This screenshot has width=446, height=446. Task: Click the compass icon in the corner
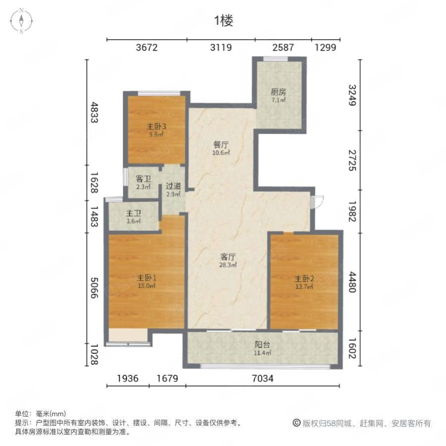[21, 21]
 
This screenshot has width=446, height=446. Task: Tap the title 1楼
[223, 21]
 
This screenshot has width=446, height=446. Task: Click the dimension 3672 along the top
[147, 47]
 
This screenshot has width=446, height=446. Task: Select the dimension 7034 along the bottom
[263, 378]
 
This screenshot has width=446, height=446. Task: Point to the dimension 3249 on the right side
[352, 95]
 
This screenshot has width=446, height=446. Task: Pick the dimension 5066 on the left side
[94, 288]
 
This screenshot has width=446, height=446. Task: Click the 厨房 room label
[278, 92]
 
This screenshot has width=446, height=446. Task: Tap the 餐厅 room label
[221, 145]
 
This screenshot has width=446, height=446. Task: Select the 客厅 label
[228, 257]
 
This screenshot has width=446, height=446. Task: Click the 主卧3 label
[156, 126]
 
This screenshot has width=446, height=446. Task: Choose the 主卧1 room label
[147, 278]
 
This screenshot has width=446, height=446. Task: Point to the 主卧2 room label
[304, 279]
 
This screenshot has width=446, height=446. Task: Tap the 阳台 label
[262, 344]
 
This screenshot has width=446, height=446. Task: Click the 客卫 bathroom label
[143, 179]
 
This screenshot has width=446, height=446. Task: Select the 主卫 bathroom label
[133, 213]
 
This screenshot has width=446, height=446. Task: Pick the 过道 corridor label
[173, 186]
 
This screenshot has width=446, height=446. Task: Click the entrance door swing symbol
[317, 202]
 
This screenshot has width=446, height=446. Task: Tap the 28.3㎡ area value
[228, 265]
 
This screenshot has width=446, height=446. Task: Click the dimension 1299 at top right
[326, 47]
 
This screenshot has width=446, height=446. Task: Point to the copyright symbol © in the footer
[297, 423]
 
